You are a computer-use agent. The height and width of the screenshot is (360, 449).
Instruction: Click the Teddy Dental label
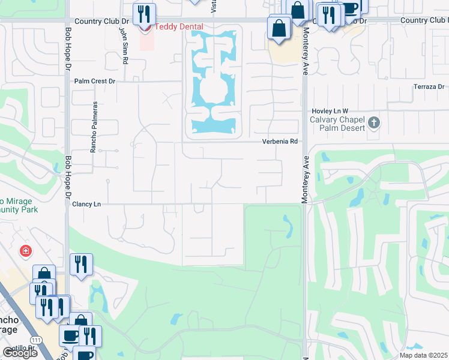179,27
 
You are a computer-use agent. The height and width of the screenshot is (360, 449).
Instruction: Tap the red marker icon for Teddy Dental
145,27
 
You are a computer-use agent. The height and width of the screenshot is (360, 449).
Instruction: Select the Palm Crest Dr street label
94,81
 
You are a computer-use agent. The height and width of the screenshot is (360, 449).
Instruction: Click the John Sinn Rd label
123,42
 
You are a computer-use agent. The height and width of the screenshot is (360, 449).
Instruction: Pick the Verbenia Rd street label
280,142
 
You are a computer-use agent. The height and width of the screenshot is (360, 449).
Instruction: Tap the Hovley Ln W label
330,112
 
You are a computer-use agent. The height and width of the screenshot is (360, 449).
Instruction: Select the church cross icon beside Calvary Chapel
374,123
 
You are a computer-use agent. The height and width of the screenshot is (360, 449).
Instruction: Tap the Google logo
20,353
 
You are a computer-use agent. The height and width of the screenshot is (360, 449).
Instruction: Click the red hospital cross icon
25,250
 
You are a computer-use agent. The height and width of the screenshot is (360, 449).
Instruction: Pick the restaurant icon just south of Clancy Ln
81,264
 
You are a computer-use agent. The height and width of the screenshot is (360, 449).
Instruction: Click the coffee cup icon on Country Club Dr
350,8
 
